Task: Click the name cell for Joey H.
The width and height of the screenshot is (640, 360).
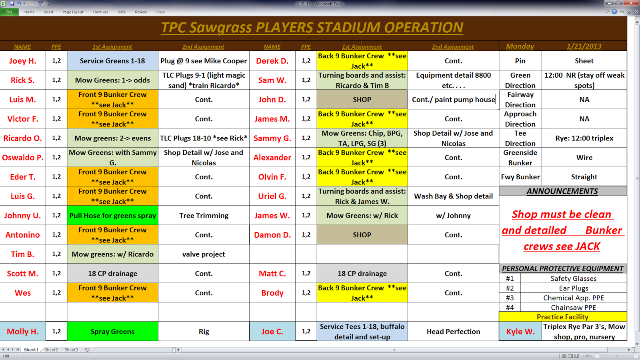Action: click(22, 61)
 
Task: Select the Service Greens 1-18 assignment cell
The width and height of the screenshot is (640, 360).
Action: click(112, 61)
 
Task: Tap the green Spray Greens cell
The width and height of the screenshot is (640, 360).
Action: click(112, 332)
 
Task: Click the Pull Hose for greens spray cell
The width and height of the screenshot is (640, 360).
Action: click(112, 216)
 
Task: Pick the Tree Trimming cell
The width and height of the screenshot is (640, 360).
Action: click(204, 216)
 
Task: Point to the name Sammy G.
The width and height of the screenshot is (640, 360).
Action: click(272, 138)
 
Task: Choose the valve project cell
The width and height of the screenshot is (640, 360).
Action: click(204, 254)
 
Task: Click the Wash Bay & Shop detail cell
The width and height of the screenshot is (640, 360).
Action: click(454, 196)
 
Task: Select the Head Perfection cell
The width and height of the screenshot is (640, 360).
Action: click(454, 332)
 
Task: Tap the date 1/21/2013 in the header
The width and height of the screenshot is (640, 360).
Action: click(584, 46)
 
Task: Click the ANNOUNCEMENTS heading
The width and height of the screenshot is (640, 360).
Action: click(562, 191)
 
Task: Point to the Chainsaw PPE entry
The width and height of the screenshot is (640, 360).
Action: click(574, 308)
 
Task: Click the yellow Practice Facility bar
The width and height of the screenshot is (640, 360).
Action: click(562, 317)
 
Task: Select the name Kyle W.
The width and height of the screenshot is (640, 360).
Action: click(520, 332)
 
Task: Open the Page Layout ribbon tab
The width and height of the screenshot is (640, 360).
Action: click(73, 12)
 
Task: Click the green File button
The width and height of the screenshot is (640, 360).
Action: click(10, 12)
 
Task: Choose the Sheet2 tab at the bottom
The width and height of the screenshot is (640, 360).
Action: click(51, 350)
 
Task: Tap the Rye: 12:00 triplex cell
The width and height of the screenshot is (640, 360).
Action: click(584, 138)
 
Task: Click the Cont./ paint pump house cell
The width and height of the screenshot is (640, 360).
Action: click(454, 100)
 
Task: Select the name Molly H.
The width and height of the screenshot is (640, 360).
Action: click(22, 332)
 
